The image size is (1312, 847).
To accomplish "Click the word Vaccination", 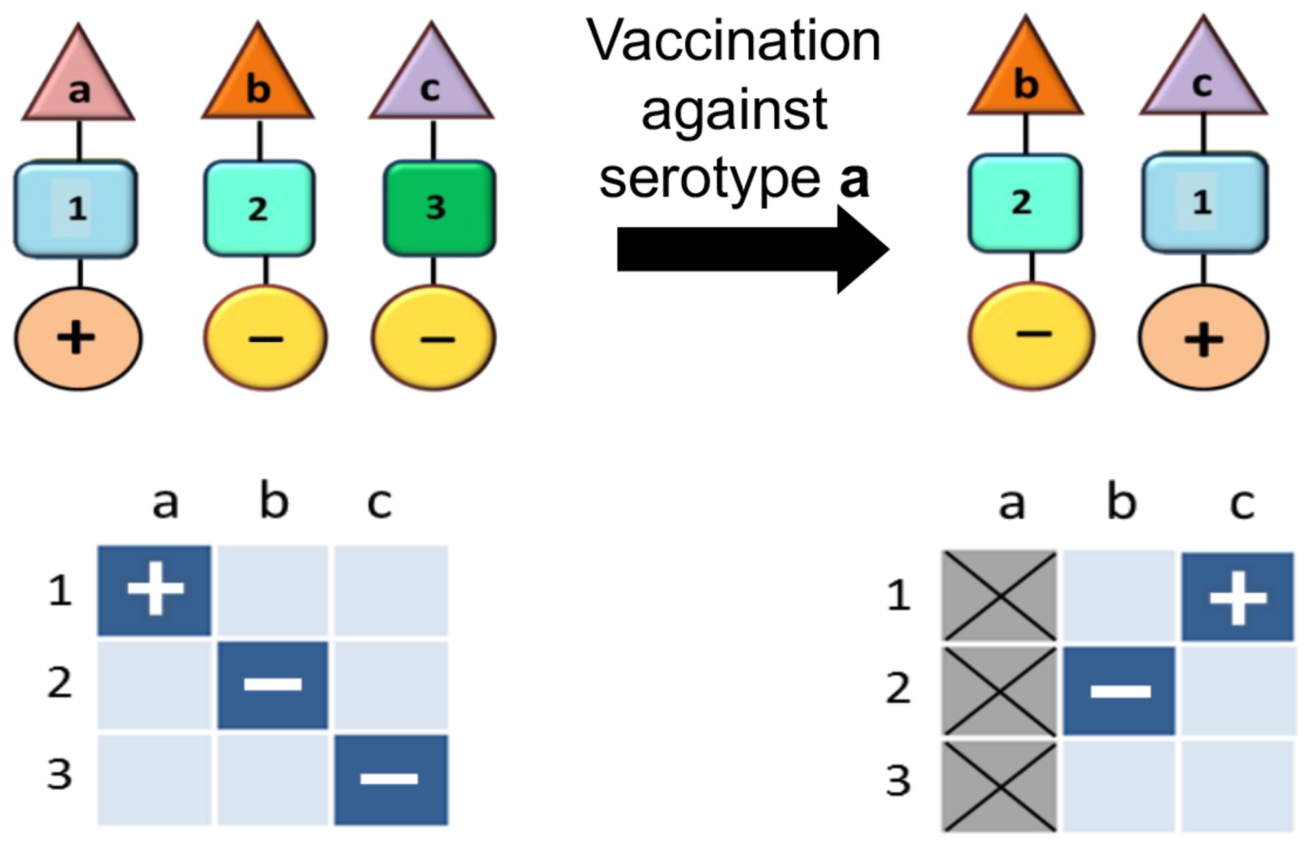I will (733, 42).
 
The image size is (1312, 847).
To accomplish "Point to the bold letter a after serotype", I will (853, 181).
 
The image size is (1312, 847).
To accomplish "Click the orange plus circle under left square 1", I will (78, 338).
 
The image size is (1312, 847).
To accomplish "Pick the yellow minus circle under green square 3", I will (433, 338).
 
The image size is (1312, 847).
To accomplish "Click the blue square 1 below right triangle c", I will (1204, 203).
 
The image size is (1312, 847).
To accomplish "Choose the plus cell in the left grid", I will (154, 590).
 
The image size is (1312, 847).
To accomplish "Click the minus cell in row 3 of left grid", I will (390, 779).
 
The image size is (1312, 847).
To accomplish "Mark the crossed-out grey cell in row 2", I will (999, 691).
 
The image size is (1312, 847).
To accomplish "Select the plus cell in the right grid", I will (1237, 597).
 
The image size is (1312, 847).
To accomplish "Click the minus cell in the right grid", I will (1119, 691).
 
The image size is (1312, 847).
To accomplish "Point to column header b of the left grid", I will (274, 502).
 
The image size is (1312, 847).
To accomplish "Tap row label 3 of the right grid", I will (898, 781).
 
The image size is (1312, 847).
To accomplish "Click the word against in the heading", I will (734, 111).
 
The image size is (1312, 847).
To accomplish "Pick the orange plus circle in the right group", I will (1203, 338).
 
